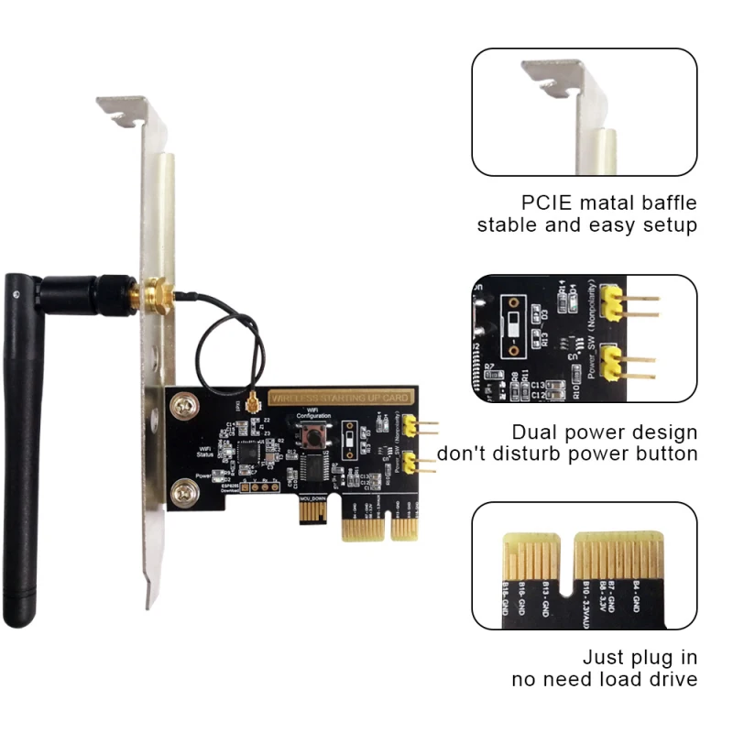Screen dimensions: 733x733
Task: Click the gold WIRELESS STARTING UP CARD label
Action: [x=340, y=398]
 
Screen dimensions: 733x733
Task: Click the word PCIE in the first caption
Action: [x=550, y=202]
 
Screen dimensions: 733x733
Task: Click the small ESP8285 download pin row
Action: [x=257, y=488]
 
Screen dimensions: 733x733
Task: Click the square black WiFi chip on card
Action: [x=248, y=453]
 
